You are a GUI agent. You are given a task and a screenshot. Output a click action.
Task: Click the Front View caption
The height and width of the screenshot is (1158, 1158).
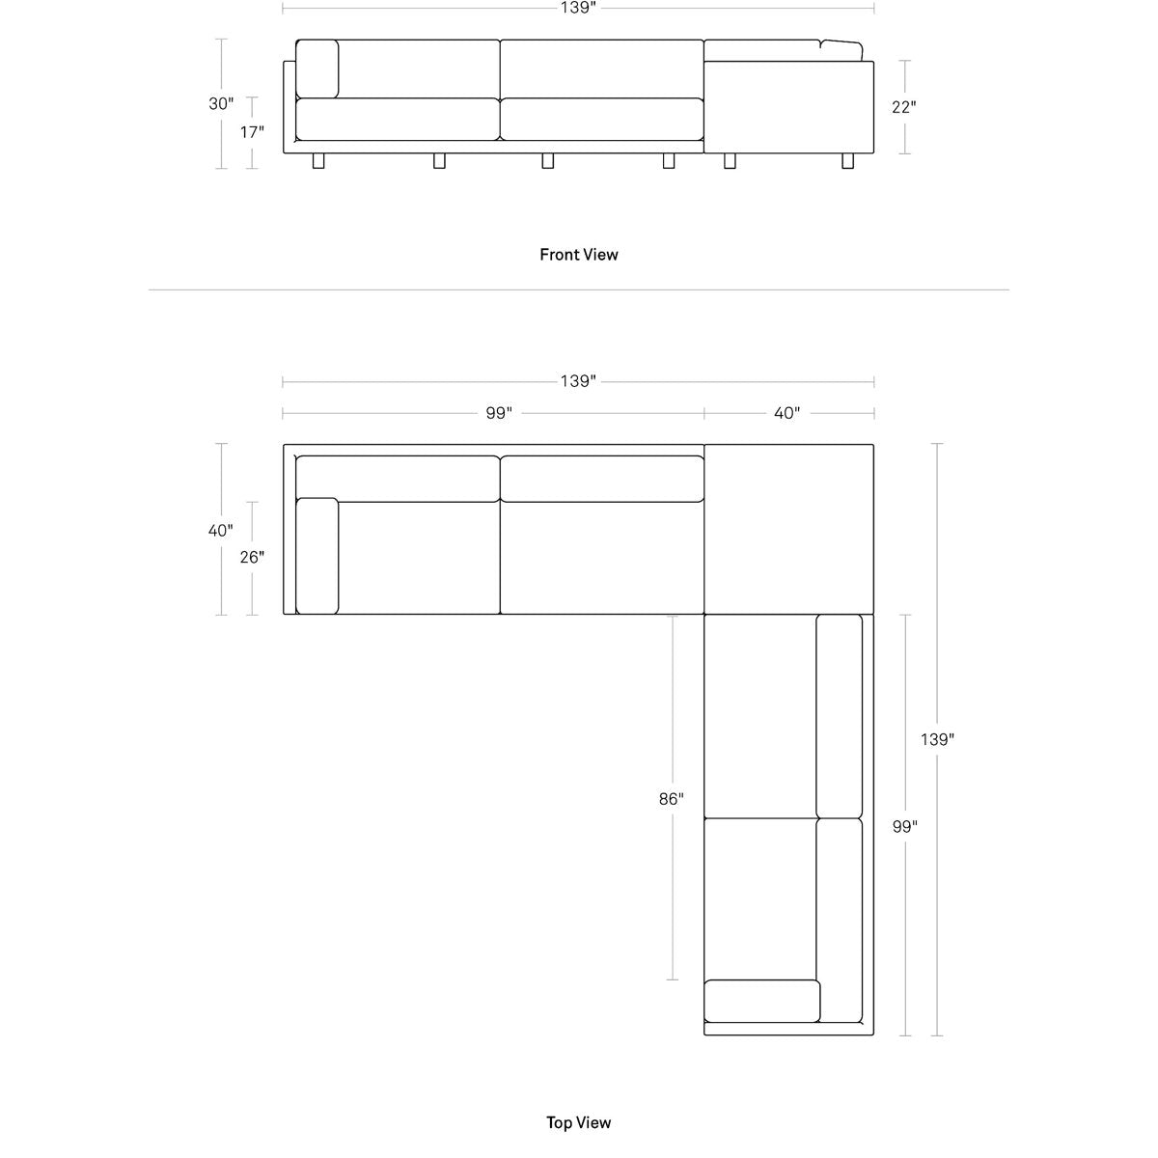pos(579,255)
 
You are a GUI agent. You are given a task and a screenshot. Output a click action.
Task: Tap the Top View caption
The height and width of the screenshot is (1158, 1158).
pos(579,1122)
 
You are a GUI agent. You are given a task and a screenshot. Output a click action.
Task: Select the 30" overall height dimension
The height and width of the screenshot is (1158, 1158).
pos(221,104)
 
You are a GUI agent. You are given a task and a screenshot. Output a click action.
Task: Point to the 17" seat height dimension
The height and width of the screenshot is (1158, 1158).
pos(253,131)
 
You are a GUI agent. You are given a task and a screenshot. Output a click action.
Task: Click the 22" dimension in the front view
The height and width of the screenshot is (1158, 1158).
pos(904,107)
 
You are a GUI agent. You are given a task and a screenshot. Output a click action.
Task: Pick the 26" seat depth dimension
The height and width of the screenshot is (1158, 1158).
pos(253,557)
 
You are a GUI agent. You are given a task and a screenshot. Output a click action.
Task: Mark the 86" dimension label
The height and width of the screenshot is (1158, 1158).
pos(672,799)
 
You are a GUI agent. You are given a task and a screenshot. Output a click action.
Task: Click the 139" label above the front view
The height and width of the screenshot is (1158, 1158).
pos(579,8)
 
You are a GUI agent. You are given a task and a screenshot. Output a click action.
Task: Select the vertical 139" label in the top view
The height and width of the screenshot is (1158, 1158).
pos(937,739)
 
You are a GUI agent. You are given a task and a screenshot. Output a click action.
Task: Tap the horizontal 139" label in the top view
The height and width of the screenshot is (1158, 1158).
pos(579,381)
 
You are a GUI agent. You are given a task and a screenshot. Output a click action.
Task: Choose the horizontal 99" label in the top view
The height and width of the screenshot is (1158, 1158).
pos(499,413)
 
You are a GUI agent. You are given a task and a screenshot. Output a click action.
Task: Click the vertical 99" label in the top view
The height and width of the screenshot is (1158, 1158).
pos(905,827)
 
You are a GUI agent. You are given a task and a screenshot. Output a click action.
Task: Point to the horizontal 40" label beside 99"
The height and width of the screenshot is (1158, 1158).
pos(787,413)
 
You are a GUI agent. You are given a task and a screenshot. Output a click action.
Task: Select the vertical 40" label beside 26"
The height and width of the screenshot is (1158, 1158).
pos(221,531)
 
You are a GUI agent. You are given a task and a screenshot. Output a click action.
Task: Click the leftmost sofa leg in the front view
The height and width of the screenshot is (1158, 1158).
pos(318,161)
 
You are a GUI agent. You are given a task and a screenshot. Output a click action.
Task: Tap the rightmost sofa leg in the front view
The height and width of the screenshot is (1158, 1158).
pos(848,161)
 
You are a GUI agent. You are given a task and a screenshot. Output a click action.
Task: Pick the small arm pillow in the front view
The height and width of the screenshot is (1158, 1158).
pos(317,69)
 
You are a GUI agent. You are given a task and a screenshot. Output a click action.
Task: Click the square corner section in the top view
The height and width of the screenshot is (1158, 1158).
pos(789,530)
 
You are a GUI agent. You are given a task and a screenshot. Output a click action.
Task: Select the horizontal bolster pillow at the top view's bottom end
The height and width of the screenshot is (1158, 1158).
pos(762,1001)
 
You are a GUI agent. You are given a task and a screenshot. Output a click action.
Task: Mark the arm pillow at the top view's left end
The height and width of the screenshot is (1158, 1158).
pos(317,556)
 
